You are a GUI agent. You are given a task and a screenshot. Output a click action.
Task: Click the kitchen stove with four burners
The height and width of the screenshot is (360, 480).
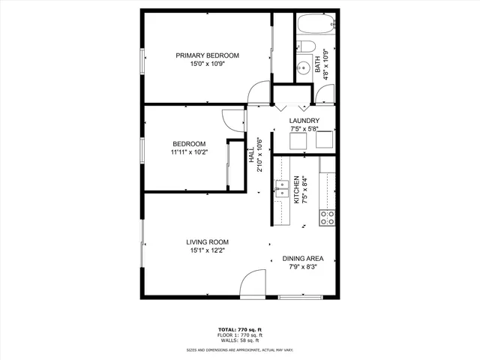(328, 217)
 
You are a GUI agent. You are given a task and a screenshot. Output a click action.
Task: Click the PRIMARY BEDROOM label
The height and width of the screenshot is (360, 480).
(207, 55)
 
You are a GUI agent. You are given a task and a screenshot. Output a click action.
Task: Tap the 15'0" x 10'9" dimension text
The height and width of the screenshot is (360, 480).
(207, 64)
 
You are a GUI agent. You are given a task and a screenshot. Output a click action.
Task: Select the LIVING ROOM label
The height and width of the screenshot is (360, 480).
(208, 241)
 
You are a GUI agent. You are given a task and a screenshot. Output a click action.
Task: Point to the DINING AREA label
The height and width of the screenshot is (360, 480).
(304, 259)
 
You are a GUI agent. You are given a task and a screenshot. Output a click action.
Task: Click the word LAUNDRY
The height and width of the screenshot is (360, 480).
(304, 121)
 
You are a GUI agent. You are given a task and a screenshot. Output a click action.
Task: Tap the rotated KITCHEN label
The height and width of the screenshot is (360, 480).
(296, 190)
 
